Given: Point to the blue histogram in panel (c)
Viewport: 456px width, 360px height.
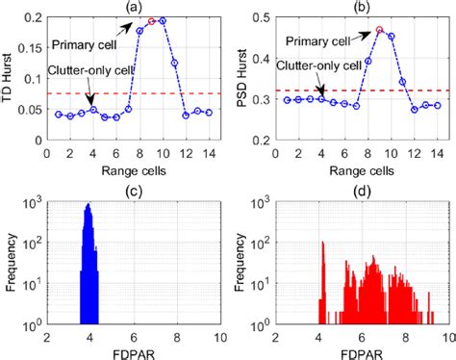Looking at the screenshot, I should [x=89, y=279].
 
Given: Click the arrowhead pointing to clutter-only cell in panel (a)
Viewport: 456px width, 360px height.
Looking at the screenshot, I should [x=91, y=105].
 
